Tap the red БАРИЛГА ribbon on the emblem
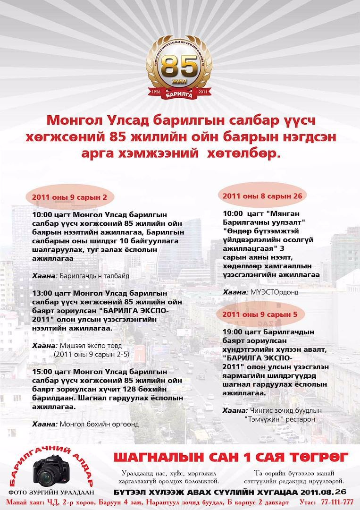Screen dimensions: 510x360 click(x=179, y=94)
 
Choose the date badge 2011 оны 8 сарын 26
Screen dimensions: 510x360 click(x=262, y=195)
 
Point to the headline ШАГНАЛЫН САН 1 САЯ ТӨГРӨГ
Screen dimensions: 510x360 click(x=231, y=457)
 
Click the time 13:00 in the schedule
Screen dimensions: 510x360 click(x=42, y=293)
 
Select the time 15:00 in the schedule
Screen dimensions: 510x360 click(x=42, y=372)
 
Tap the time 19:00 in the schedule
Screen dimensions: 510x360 click(x=232, y=332)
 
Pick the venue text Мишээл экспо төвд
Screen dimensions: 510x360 click(x=91, y=346)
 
